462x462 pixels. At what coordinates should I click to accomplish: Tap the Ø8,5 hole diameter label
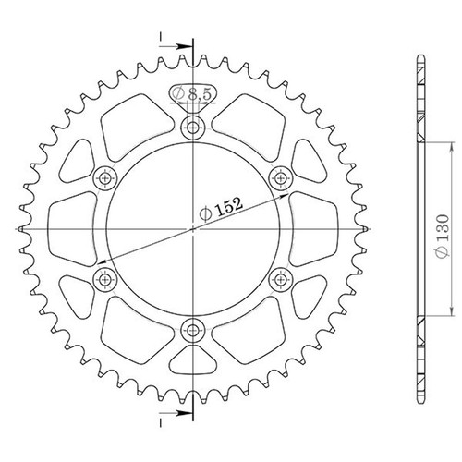pos(192,93)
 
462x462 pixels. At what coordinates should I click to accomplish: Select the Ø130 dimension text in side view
pos(443,237)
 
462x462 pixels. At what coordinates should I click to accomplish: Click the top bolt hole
pos(193,127)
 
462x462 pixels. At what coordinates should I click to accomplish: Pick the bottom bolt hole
pos(193,331)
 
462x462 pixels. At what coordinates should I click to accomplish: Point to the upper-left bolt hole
pos(104,178)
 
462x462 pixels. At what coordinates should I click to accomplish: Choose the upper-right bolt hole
pos(281,177)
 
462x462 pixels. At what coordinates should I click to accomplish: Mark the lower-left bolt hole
pos(104,279)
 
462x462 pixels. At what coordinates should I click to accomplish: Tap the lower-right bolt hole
pos(281,279)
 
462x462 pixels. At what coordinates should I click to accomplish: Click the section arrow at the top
pos(176,47)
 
